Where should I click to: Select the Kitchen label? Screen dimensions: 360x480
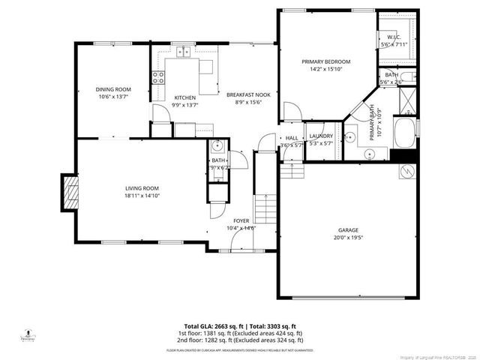(185, 98)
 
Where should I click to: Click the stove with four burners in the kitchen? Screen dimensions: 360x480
(158, 76)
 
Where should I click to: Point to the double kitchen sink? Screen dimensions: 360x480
(183, 52)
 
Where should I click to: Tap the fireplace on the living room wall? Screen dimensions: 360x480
(69, 191)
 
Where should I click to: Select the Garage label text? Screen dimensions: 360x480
(348, 230)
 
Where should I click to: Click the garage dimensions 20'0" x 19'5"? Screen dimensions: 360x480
(348, 238)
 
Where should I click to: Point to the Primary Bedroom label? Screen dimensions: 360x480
(325, 61)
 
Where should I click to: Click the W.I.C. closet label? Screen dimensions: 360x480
(394, 37)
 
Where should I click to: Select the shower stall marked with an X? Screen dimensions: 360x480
(406, 99)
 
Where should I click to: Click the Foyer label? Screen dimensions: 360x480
(241, 220)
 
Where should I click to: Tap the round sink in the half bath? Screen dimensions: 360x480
(217, 146)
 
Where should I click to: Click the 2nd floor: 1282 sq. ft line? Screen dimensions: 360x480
(240, 340)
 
